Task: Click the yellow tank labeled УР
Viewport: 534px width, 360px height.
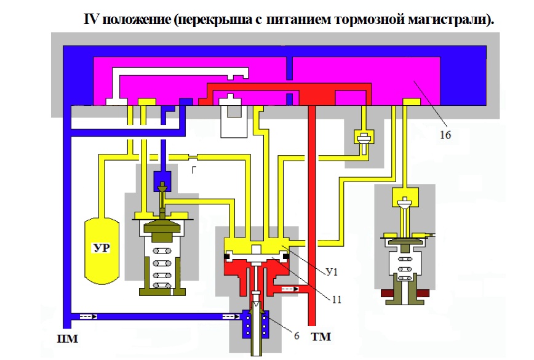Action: tap(102, 250)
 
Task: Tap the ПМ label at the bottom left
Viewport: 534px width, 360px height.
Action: tap(68, 338)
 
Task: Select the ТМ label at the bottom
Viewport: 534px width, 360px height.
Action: tap(321, 337)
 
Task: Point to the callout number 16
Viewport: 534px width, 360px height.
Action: tap(445, 135)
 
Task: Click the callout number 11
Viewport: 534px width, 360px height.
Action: tap(336, 299)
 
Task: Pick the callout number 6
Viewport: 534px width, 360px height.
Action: tap(297, 336)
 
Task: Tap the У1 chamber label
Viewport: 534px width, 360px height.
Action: tap(332, 272)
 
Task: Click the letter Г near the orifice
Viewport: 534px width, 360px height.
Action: tap(193, 169)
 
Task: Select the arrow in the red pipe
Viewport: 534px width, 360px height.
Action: tap(290, 289)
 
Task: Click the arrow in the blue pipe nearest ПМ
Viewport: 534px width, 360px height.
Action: tap(89, 316)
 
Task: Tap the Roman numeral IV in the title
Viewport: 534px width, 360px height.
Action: tap(91, 18)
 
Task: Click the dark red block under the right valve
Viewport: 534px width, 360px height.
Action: tap(405, 293)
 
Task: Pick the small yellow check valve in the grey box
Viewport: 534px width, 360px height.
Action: tap(364, 139)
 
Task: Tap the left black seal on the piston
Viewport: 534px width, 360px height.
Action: tap(226, 256)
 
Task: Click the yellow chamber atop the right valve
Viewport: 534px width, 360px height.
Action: tap(405, 198)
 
